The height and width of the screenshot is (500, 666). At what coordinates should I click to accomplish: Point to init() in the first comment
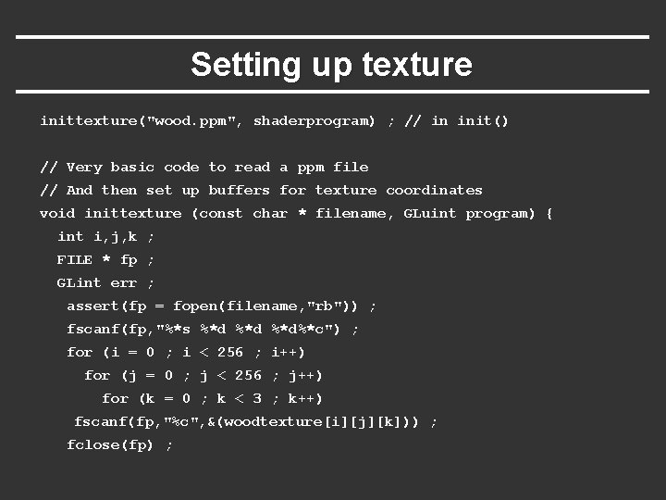click(x=483, y=121)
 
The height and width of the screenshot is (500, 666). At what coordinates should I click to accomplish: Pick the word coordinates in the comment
click(x=434, y=191)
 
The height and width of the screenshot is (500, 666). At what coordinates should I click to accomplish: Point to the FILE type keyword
click(x=75, y=260)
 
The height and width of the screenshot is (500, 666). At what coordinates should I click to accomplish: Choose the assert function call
click(x=93, y=306)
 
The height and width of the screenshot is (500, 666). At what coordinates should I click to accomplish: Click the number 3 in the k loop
click(x=256, y=399)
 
